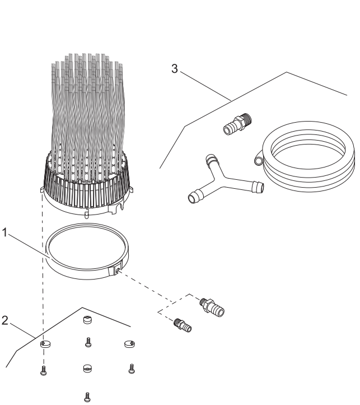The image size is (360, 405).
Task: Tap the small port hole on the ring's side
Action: (118, 271)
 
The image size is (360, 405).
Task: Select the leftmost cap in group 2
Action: (45, 345)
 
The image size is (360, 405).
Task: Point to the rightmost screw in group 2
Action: (131, 368)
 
